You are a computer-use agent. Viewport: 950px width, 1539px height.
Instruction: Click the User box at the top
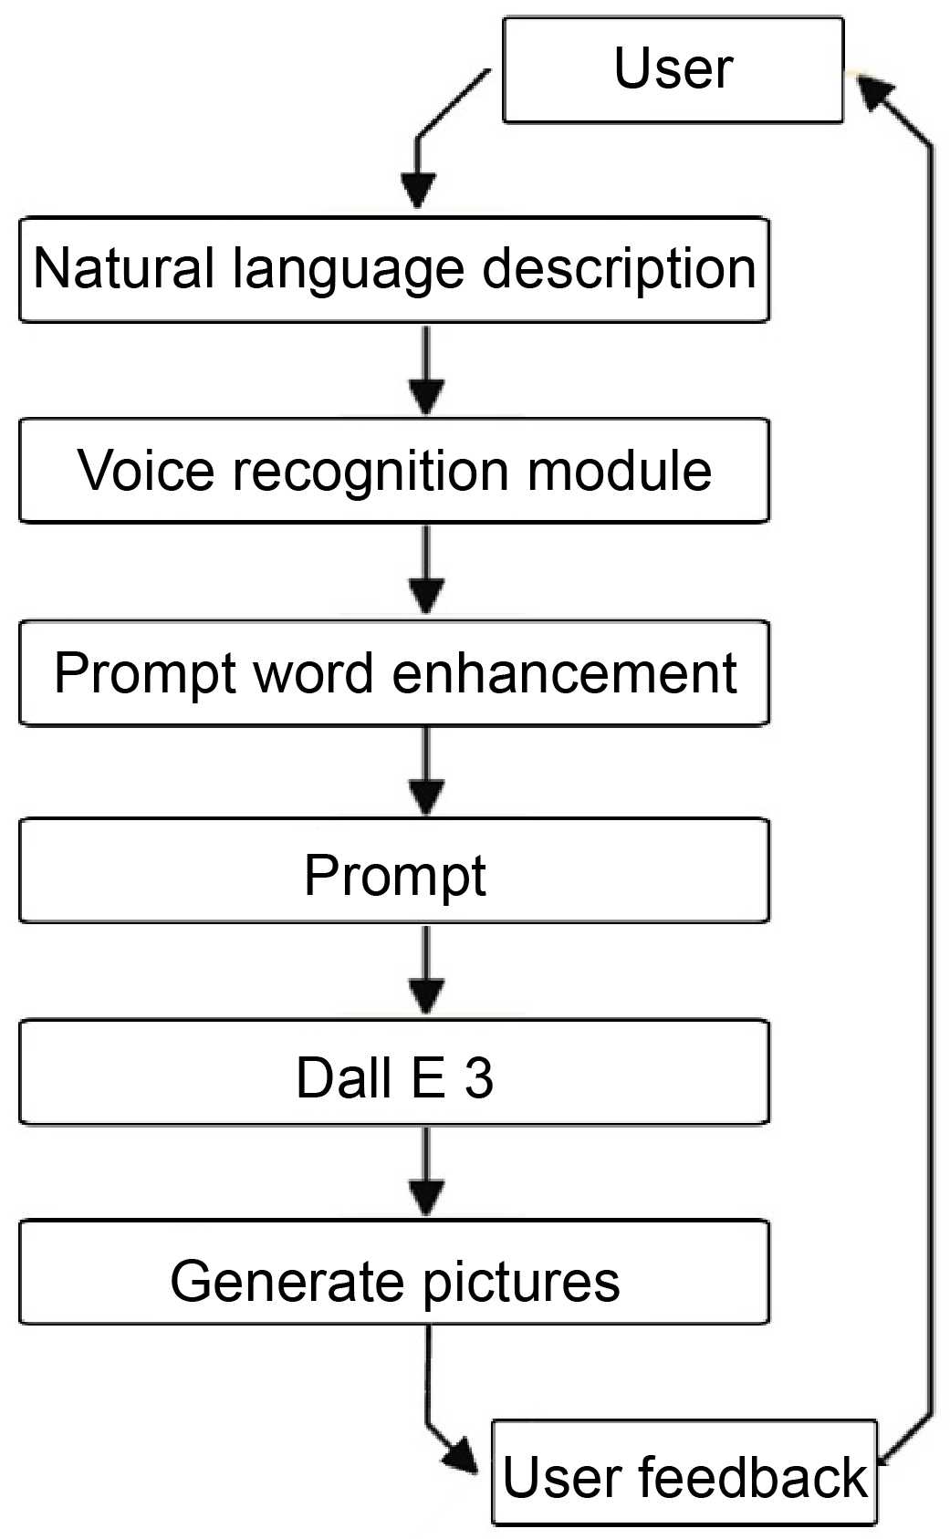tap(673, 69)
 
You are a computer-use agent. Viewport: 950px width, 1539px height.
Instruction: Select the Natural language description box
tap(394, 270)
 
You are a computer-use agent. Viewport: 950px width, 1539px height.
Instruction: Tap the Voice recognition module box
tap(394, 471)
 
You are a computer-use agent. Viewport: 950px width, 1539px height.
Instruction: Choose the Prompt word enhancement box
tap(394, 673)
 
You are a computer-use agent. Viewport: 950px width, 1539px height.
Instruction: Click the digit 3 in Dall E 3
tap(479, 1077)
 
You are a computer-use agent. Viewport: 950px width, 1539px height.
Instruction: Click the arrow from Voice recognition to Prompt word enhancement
tap(426, 570)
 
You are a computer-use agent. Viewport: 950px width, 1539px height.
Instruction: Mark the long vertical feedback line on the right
tap(931, 775)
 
